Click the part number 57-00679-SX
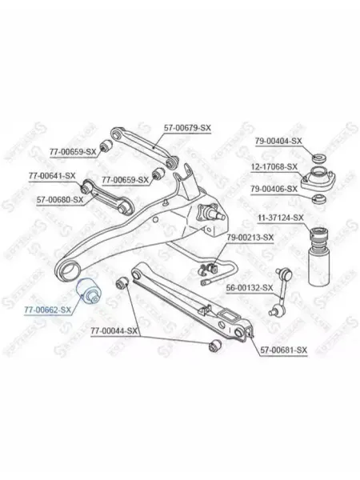point(187,128)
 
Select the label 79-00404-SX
point(278,141)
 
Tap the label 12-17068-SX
point(274,167)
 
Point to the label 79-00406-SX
point(274,189)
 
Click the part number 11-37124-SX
point(281,218)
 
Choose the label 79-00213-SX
point(250,238)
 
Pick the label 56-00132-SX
point(249,288)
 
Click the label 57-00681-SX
point(283,350)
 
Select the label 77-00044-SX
point(114,330)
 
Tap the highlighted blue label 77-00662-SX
point(48,310)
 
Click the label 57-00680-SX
point(60,200)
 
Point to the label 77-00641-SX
point(52,176)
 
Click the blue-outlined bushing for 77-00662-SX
point(90,291)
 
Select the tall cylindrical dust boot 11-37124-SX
point(319,257)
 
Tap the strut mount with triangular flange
point(318,178)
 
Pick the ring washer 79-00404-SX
point(319,158)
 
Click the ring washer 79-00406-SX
point(319,199)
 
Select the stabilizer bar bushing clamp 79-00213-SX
point(210,267)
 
